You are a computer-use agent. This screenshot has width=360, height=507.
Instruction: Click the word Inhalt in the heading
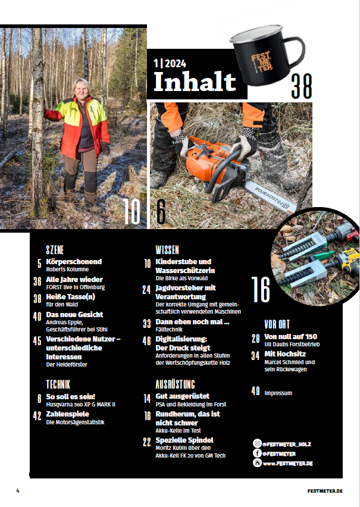click(194, 82)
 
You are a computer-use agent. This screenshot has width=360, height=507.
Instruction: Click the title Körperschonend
click(74, 262)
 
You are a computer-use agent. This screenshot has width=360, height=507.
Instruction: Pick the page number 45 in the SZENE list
click(37, 341)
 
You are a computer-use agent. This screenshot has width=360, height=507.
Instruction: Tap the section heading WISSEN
click(168, 249)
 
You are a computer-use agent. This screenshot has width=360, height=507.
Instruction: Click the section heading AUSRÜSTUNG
click(176, 384)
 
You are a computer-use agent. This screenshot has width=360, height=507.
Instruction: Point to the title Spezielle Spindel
click(184, 440)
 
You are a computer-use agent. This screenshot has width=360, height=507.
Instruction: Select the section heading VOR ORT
click(278, 324)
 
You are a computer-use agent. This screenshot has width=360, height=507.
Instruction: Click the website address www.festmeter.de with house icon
click(289, 462)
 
